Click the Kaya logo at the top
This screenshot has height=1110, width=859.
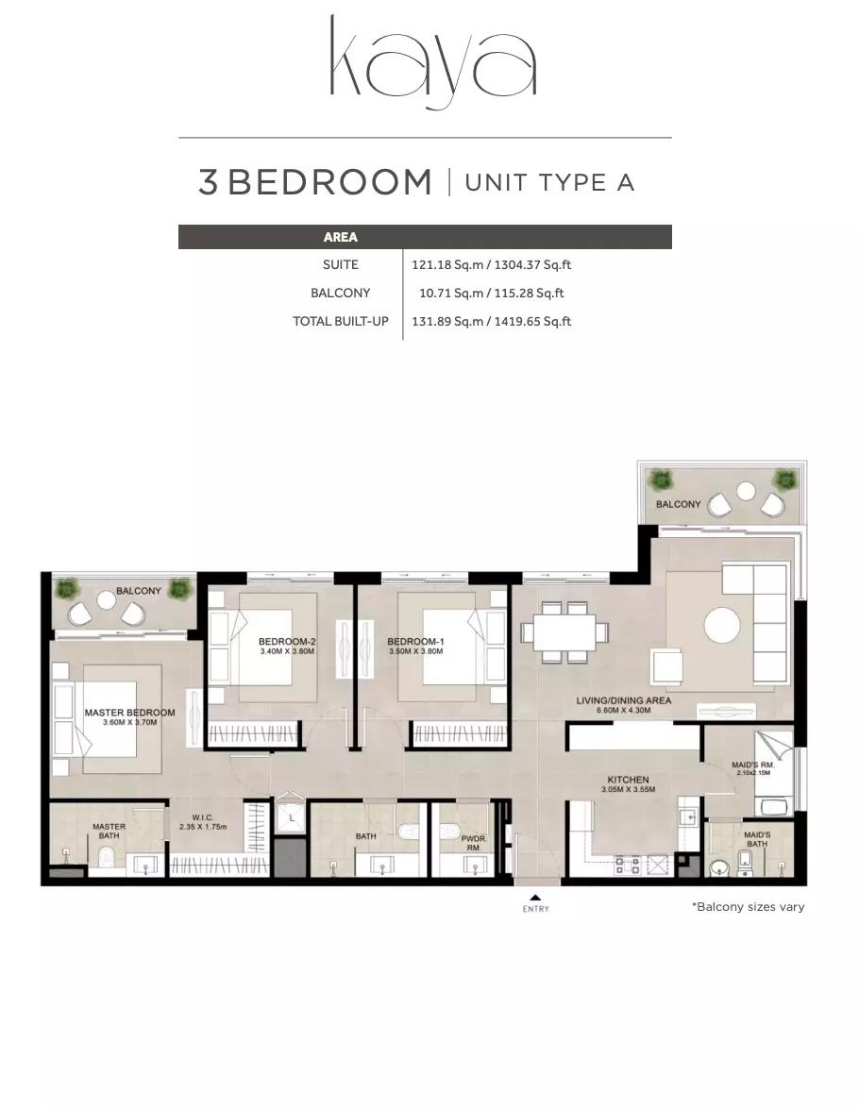[x=432, y=63]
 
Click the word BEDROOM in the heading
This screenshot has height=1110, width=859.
[x=329, y=183]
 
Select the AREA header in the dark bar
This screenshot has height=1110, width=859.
[x=340, y=237]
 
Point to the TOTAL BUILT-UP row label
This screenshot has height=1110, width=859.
[x=341, y=321]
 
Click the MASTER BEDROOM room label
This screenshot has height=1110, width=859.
[x=129, y=713]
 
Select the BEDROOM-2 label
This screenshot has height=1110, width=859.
[x=287, y=642]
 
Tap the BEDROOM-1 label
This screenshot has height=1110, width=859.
[x=415, y=642]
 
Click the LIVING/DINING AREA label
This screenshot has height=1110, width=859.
[x=624, y=700]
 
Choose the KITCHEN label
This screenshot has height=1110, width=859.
[x=628, y=780]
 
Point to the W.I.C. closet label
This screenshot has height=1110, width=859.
[x=203, y=817]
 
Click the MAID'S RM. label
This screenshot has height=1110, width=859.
[x=753, y=765]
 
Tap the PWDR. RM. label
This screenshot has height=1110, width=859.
[x=474, y=843]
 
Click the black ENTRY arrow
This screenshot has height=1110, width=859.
[x=536, y=898]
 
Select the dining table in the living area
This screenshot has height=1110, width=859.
[x=564, y=631]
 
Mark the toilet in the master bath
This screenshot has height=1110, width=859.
[x=108, y=859]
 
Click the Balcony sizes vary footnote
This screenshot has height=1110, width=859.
[x=748, y=907]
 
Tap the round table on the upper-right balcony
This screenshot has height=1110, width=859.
[x=746, y=490]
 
